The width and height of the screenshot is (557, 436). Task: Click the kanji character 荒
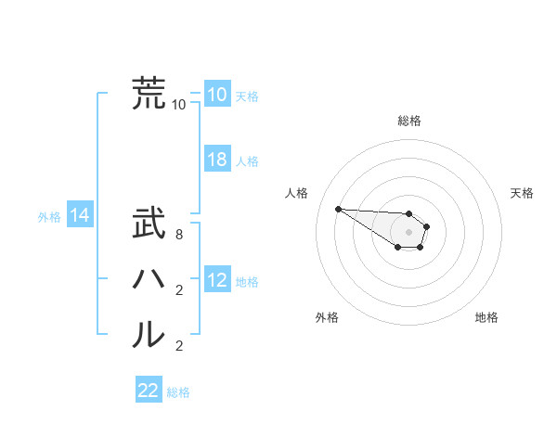pos(149,93)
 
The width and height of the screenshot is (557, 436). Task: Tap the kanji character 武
pos(149,224)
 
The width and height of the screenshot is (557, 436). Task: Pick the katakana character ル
pos(149,334)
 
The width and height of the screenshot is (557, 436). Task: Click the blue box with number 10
pos(216,95)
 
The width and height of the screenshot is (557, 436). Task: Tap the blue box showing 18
pos(216,160)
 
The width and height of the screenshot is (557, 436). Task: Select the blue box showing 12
pos(216,279)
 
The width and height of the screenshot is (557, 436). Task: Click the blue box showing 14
pos(79,216)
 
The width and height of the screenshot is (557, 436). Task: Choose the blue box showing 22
pos(149,391)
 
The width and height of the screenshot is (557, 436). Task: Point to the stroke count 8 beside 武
pos(178,236)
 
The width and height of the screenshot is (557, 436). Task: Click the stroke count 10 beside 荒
pos(178,104)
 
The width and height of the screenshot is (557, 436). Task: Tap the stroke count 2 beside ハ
pos(178,290)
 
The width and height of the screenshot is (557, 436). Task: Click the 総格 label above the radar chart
pos(409,121)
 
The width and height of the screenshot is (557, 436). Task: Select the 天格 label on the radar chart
pos(522,193)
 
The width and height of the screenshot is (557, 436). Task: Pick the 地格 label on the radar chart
pos(486,317)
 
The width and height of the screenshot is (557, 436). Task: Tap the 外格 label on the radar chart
pos(327,317)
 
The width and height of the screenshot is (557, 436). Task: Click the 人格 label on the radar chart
pos(296,193)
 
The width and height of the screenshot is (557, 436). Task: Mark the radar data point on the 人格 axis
pos(338,209)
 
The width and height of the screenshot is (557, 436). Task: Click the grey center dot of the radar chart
pos(409,232)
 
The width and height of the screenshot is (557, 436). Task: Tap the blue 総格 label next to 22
pos(178,392)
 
